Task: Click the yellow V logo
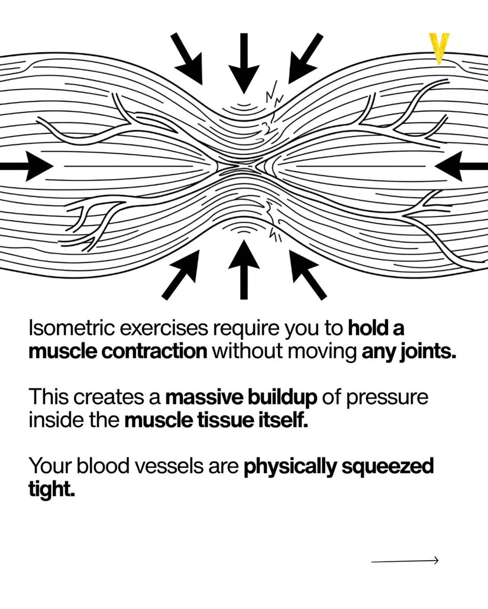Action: [x=439, y=48]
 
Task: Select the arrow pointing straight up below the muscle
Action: [x=244, y=269]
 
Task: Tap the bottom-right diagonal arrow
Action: [x=307, y=274]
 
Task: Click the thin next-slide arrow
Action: [x=405, y=560]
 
